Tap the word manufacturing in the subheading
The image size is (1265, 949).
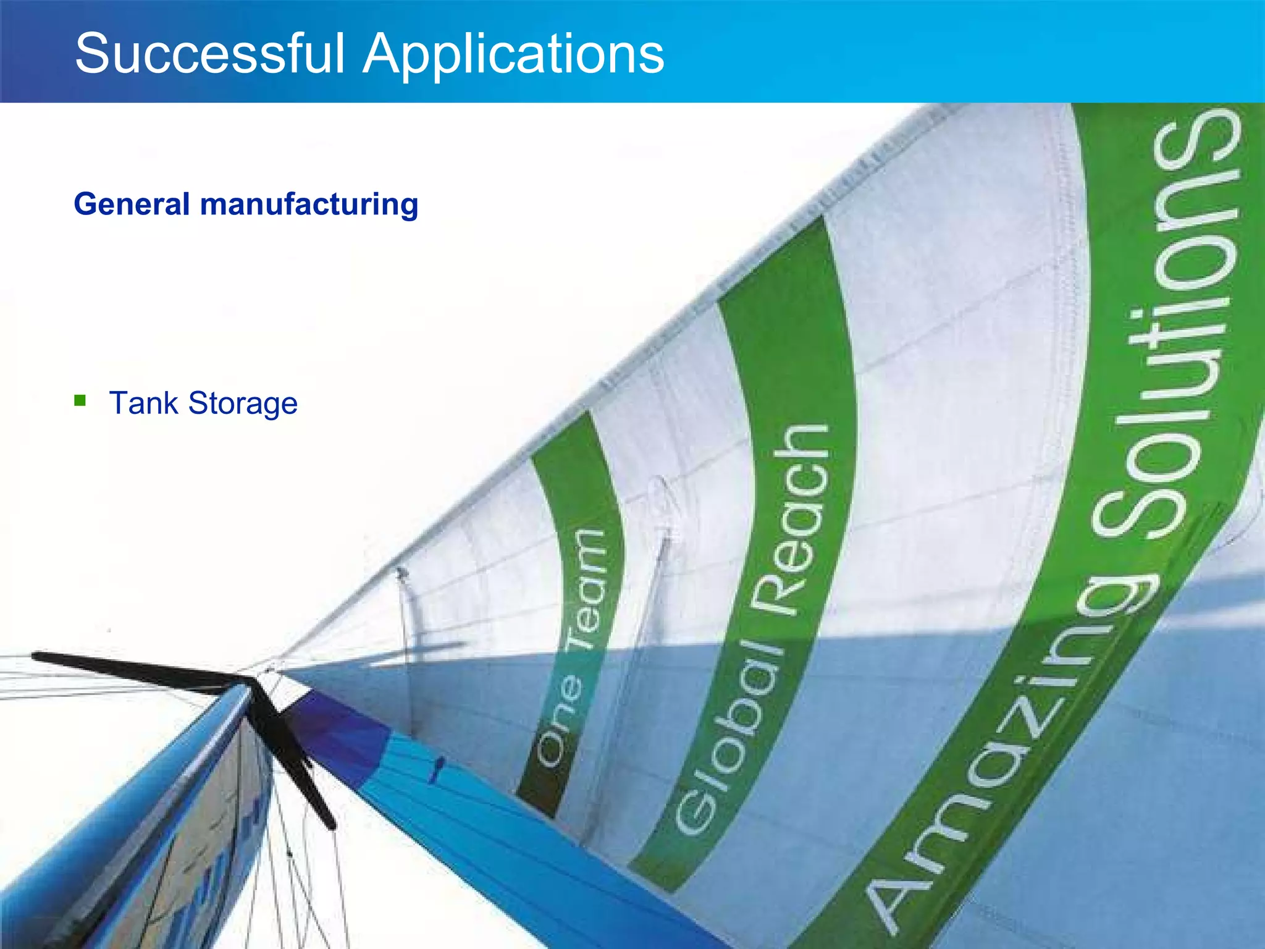tap(309, 204)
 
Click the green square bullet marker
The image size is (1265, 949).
tap(80, 400)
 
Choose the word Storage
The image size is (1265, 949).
tap(243, 404)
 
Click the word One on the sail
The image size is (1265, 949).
tap(559, 720)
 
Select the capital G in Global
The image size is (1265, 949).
tap(698, 806)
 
